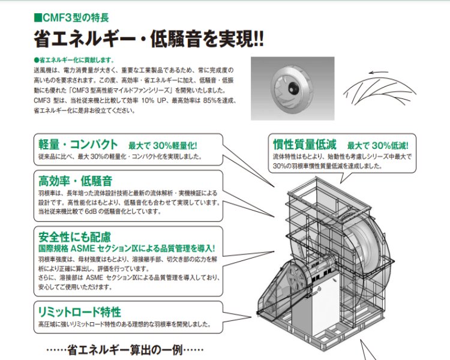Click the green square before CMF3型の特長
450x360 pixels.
coord(38,17)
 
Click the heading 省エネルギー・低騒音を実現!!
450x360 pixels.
coord(149,39)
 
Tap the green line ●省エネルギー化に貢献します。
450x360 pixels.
coord(74,60)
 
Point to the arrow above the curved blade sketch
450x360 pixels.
coord(379,72)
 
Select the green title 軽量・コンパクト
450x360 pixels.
coord(78,145)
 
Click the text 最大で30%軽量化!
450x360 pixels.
coord(163,146)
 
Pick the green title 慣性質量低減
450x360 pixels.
coord(304,145)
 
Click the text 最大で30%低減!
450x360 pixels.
coord(377,146)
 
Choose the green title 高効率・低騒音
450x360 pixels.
coord(75,181)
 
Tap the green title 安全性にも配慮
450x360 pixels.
coord(74,237)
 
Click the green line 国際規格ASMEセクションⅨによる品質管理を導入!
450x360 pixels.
coord(127,248)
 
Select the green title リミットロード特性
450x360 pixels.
coord(79,312)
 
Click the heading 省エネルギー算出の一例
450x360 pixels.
coord(125,350)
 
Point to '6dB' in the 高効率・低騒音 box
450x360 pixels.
coord(91,212)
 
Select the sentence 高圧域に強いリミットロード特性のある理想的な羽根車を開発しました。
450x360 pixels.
coord(125,324)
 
